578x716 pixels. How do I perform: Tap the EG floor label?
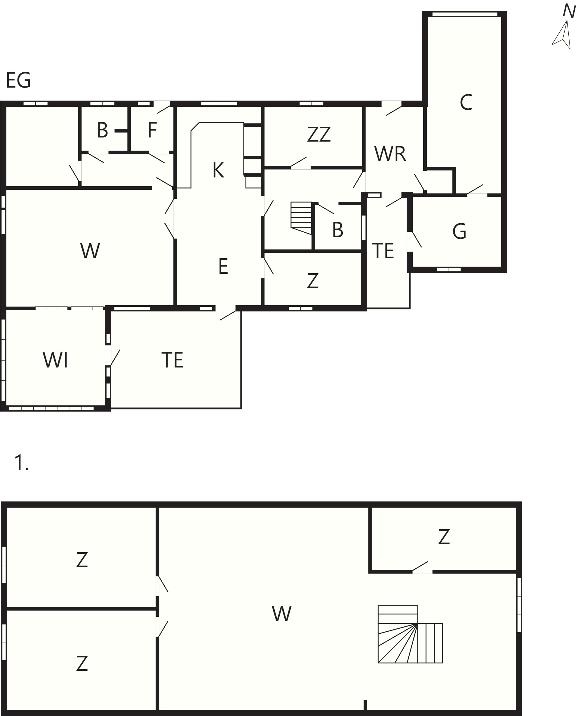click(x=18, y=80)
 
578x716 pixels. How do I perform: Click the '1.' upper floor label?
click(x=21, y=463)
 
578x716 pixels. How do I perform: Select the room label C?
click(x=466, y=102)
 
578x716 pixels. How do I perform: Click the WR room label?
click(x=390, y=154)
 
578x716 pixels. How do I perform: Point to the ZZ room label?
click(x=319, y=134)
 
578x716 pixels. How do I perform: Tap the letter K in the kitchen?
click(x=218, y=170)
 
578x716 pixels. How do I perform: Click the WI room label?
click(x=55, y=360)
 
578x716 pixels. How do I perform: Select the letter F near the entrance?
click(x=152, y=130)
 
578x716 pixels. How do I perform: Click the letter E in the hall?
click(x=223, y=266)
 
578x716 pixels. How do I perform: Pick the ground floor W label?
click(x=90, y=251)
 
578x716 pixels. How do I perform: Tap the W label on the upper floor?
click(x=282, y=613)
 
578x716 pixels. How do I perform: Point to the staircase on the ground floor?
click(x=301, y=218)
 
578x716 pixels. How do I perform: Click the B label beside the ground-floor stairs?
click(x=338, y=230)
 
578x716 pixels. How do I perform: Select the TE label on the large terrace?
click(x=173, y=360)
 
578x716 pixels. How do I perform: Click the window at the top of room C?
click(x=465, y=14)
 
